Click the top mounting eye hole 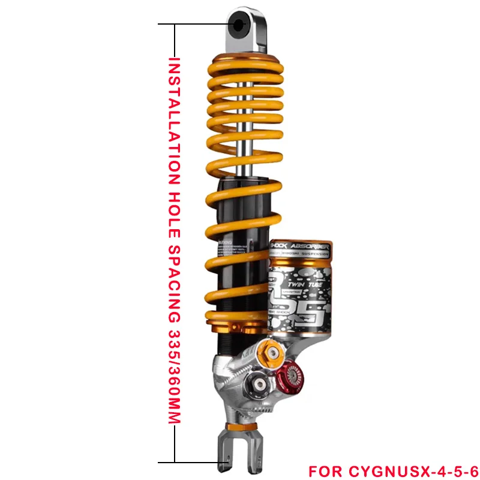click(x=239, y=25)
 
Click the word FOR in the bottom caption click(x=325, y=468)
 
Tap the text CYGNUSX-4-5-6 click(x=414, y=468)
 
